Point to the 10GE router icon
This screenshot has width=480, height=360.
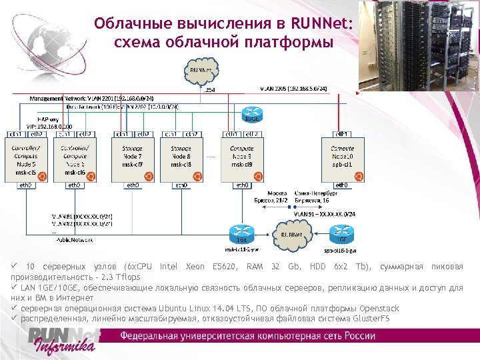click(x=253, y=115)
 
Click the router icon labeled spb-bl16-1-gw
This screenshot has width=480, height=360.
click(x=340, y=237)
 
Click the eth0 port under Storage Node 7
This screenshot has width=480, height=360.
click(x=133, y=185)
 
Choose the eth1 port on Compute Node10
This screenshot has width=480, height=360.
click(x=341, y=133)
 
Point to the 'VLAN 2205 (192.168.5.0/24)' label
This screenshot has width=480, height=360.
click(x=293, y=88)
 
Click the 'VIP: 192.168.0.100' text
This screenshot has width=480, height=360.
click(x=50, y=125)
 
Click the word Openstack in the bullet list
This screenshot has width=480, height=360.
click(x=379, y=308)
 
